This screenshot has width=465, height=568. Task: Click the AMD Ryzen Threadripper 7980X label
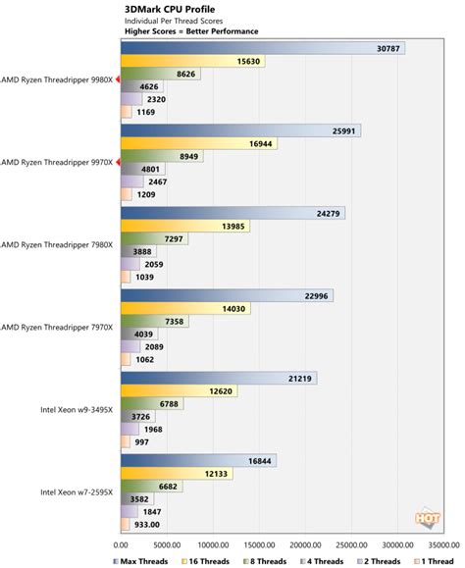coord(59,244)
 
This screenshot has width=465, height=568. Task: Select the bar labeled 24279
coord(232,212)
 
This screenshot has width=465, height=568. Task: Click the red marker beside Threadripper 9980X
coord(118,79)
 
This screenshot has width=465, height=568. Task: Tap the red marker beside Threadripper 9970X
coord(118,162)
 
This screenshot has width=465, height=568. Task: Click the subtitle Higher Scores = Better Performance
coord(179,30)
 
